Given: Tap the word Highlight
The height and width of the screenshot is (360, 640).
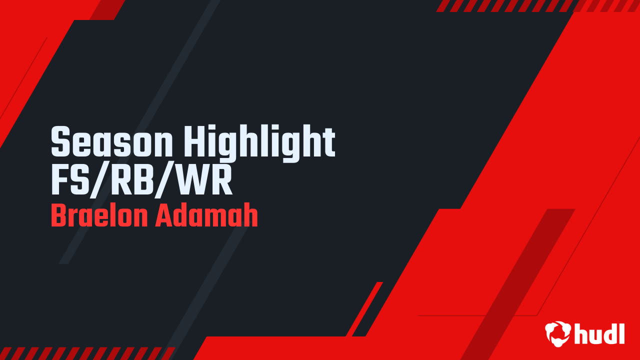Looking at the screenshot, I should pos(260,143).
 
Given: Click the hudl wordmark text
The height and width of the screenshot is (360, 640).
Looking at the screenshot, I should pos(599,333).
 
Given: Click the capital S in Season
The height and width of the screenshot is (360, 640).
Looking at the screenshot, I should pos(61,143).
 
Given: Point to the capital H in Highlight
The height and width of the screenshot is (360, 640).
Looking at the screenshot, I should pos(196,143).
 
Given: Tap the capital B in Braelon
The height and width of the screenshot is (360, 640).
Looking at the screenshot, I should pos(58,216).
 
